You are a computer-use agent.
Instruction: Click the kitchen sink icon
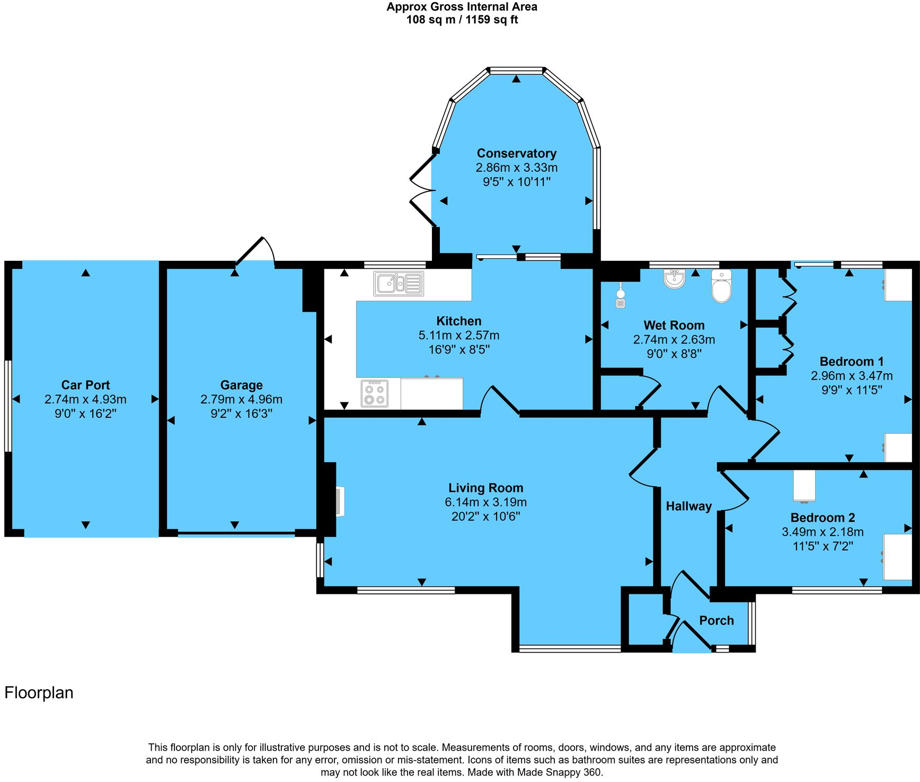(399, 283)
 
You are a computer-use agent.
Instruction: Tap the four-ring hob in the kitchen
(374, 393)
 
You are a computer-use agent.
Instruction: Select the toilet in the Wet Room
(721, 286)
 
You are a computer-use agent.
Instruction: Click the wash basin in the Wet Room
(674, 279)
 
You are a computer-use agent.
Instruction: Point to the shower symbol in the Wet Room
(621, 297)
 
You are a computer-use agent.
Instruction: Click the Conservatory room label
(516, 153)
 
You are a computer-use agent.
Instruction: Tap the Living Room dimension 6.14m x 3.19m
(485, 502)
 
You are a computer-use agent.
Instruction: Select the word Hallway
(688, 506)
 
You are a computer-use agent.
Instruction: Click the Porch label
(716, 620)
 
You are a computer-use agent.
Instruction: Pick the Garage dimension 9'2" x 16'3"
(241, 414)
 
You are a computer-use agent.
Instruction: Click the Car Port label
(85, 385)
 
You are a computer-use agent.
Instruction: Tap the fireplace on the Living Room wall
(339, 501)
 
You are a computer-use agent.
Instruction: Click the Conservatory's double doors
(422, 190)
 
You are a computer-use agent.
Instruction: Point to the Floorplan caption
(39, 692)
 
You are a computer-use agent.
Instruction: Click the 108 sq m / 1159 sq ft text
(462, 20)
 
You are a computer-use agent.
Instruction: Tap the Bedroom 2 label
(822, 517)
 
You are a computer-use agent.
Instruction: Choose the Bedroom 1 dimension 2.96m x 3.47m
(851, 376)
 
